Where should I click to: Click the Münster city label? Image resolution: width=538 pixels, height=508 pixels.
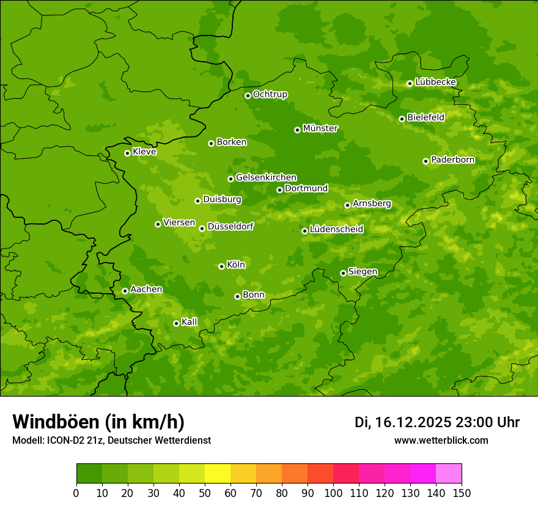tap(320, 129)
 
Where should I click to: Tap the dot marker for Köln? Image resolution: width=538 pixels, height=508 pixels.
tap(221, 266)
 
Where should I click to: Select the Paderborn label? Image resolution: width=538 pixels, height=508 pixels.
tap(453, 160)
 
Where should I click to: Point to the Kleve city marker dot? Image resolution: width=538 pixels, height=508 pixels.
tap(127, 153)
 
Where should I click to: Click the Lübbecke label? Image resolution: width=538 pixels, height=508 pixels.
tap(436, 82)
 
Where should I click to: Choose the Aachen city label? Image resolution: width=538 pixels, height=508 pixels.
tap(146, 289)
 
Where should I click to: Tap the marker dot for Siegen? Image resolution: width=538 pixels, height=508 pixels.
tap(343, 273)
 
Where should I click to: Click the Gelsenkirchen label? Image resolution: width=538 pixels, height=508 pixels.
tap(266, 177)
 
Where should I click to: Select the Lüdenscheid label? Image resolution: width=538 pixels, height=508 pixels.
tap(336, 230)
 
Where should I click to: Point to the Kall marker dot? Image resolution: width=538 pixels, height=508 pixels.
tap(176, 323)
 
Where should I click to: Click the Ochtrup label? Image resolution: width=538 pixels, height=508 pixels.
tap(270, 94)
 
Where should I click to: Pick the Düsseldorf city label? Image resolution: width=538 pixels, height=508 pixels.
tap(230, 226)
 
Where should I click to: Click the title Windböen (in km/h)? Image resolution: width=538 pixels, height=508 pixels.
tap(98, 422)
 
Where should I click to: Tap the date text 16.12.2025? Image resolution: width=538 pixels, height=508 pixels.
tap(413, 422)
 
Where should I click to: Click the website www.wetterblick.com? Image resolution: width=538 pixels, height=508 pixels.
tap(441, 440)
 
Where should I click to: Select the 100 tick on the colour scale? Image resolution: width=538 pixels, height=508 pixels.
tap(333, 493)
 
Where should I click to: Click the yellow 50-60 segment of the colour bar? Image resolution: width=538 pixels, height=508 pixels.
tap(218, 474)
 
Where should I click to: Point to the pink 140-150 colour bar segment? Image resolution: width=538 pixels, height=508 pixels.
tap(449, 474)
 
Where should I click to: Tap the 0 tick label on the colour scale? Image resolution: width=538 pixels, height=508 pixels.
tap(76, 493)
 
